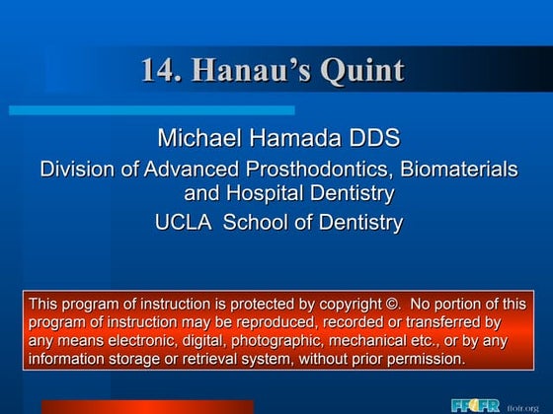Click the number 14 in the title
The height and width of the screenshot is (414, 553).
156,71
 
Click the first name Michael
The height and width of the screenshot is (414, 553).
197,138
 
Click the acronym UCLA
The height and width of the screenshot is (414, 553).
183,223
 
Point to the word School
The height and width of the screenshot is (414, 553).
261,223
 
